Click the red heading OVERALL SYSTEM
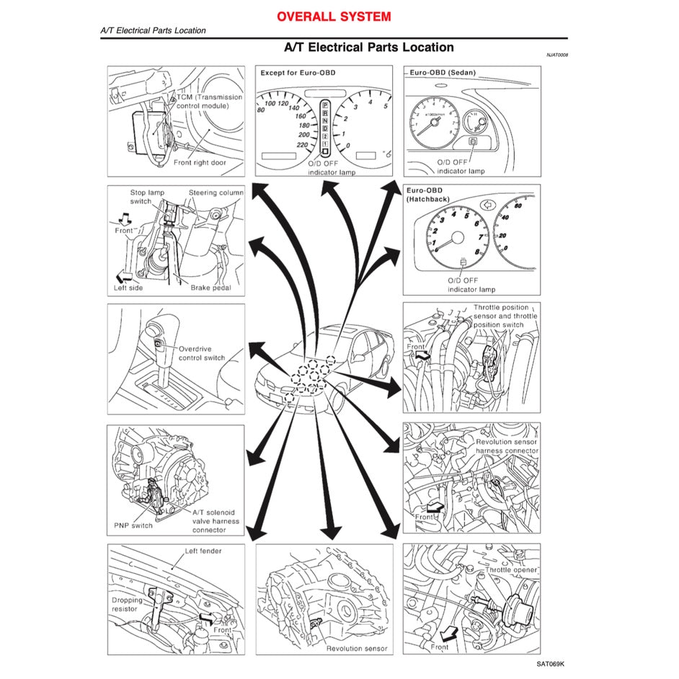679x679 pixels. point(334,16)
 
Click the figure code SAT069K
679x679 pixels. point(551,664)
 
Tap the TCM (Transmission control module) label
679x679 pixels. point(208,101)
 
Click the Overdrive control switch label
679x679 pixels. point(201,352)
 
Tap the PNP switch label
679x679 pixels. point(133,525)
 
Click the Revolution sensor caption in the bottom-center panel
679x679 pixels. point(357,648)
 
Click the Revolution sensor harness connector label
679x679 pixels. point(507,446)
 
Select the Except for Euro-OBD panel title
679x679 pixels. point(297,73)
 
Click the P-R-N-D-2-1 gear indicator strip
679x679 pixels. point(325,128)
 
